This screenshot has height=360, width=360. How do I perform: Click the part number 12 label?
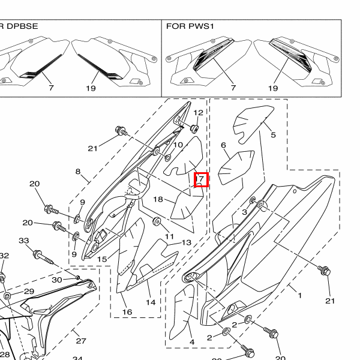[198, 113]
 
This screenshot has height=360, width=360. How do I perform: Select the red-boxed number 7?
[202, 179]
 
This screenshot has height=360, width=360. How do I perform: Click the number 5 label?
[273, 135]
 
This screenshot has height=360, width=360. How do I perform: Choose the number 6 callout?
[223, 145]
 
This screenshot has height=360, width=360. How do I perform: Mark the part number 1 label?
[299, 295]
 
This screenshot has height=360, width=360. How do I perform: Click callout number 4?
[192, 343]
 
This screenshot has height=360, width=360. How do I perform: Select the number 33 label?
[24, 241]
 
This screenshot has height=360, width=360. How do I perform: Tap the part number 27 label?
[80, 341]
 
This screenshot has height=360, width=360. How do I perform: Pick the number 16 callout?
[127, 312]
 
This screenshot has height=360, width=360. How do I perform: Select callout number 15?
[102, 259]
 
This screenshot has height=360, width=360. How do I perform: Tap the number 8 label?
[78, 172]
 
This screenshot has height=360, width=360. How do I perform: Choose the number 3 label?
[245, 212]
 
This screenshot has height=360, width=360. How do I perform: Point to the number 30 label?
[57, 280]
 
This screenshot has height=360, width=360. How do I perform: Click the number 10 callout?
[178, 145]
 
